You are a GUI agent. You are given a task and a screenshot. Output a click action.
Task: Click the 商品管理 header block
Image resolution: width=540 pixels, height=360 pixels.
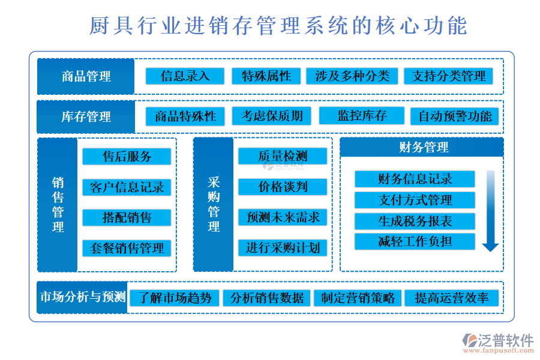(86, 76)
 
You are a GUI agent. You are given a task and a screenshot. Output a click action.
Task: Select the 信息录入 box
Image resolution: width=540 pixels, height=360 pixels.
(185, 76)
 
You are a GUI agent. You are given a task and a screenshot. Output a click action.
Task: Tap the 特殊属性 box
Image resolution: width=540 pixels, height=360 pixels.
(266, 76)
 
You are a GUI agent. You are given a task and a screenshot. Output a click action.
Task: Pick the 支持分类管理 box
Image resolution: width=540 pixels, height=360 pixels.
(448, 76)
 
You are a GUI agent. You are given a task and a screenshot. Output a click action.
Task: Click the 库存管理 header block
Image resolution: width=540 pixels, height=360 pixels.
(86, 117)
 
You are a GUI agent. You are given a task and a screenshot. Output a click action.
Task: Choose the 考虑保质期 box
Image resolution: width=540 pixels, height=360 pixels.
(272, 116)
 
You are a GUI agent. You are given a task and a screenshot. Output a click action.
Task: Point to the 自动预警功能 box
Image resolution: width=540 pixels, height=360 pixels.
(455, 116)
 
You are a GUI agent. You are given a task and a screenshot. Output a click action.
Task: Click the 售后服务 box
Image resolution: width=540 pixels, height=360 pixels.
(127, 157)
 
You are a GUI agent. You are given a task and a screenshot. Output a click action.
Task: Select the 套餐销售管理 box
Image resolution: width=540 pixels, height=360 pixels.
(127, 248)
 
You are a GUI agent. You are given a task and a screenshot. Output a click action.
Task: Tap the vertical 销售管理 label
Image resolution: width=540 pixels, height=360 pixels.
(58, 205)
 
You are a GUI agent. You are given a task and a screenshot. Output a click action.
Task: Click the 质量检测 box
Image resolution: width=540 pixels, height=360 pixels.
(283, 156)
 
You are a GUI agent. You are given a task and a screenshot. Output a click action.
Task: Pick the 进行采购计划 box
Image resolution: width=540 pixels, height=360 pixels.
(283, 248)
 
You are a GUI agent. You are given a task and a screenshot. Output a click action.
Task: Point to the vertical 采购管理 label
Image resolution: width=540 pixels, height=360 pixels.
(214, 204)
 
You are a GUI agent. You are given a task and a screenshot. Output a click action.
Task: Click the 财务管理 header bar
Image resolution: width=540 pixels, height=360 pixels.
(422, 147)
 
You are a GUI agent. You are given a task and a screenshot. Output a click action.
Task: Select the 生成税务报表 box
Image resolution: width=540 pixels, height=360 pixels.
(415, 221)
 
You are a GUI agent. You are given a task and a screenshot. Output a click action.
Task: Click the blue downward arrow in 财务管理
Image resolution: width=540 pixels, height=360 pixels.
(490, 211)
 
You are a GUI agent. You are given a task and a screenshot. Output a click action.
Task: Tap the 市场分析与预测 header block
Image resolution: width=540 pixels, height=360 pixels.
(82, 297)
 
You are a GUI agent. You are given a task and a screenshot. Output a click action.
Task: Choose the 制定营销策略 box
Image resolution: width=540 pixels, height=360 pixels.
(358, 298)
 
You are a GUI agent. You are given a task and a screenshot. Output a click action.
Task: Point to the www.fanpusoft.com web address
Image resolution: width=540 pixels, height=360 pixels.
(499, 350)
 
